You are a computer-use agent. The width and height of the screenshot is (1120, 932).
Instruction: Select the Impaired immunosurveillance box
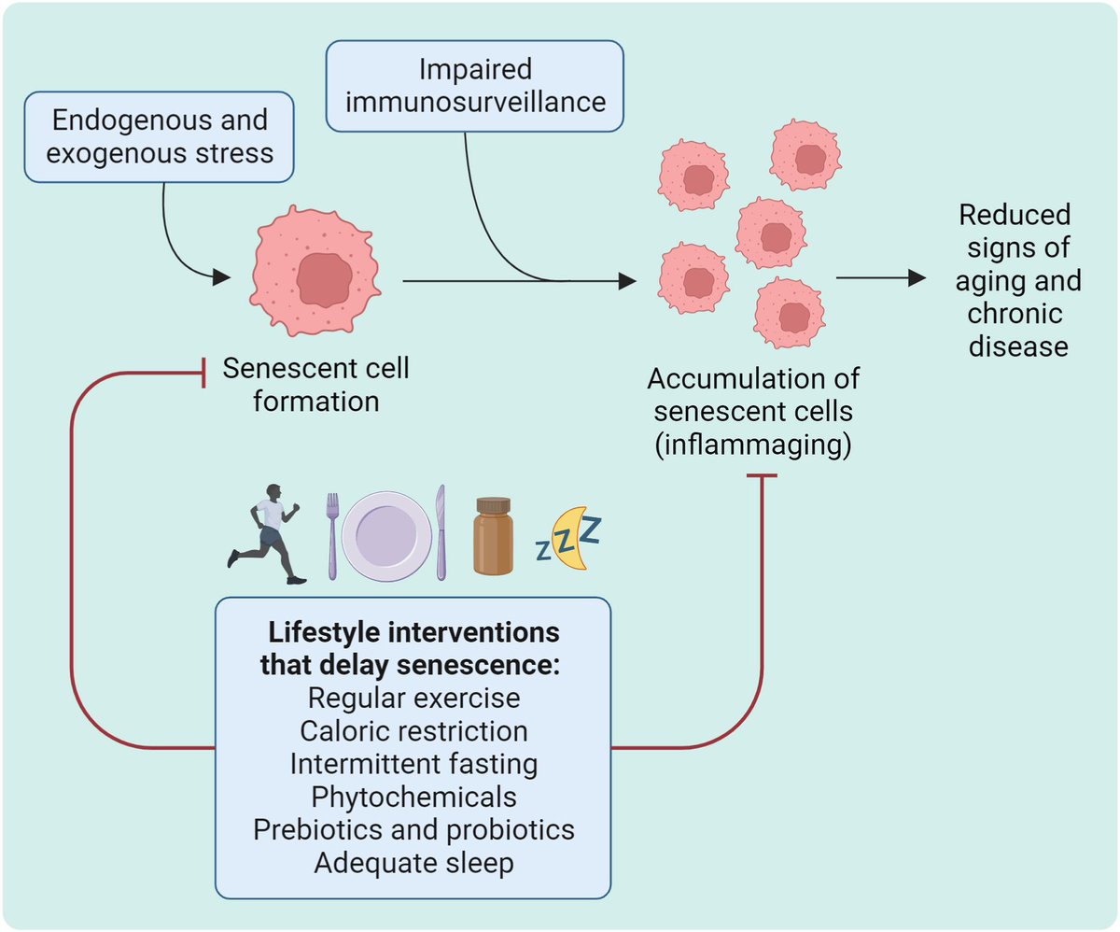coord(474,85)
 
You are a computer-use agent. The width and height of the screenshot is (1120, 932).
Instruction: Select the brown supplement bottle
coord(493,536)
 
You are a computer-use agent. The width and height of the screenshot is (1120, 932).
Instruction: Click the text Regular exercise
coord(413,698)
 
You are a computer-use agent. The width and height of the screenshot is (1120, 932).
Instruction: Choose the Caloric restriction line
coord(413,730)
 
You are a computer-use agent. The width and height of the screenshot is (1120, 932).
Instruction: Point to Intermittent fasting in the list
coord(413,764)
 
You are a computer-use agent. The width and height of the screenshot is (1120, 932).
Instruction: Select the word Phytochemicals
coord(413,797)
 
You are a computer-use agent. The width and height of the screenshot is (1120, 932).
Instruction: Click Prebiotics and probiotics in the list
coord(413,829)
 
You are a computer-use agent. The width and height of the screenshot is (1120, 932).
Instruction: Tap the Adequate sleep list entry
coord(413,862)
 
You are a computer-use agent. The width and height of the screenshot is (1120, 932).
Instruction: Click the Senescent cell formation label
coord(315,385)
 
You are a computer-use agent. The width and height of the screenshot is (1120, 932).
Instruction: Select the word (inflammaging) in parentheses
coord(752,445)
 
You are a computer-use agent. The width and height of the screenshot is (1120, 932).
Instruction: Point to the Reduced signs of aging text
coord(1017,280)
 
